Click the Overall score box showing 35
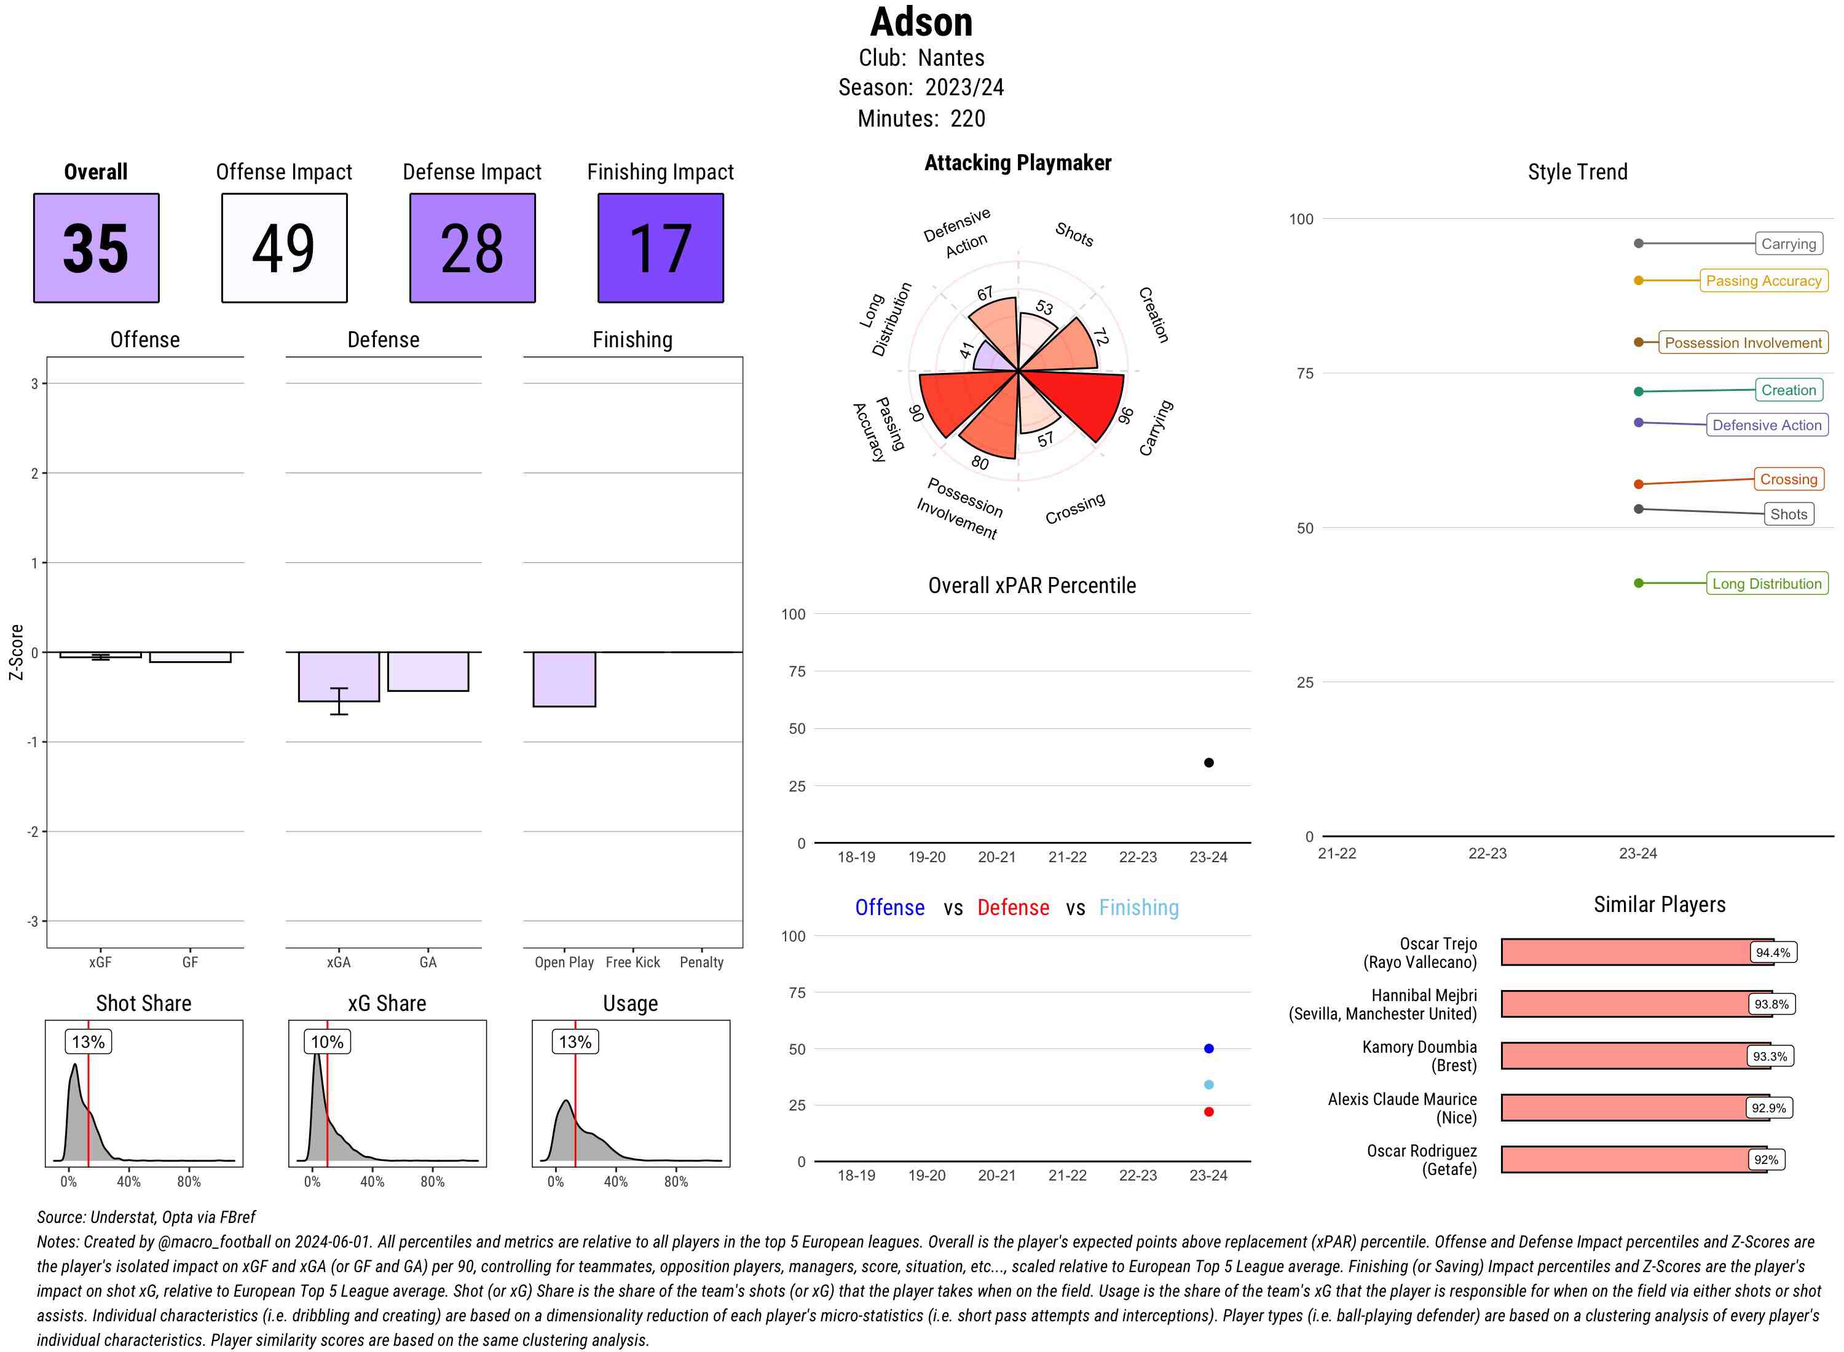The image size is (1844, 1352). [96, 248]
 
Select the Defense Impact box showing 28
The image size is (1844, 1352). [471, 248]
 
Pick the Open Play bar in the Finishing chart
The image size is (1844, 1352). [564, 678]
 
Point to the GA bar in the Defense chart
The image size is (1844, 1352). [428, 671]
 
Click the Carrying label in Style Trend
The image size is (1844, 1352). [1787, 244]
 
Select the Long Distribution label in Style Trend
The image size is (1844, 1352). [1767, 584]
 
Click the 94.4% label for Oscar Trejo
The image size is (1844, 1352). [1772, 953]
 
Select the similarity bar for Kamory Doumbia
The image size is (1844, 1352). [1625, 1056]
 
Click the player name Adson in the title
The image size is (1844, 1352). [921, 22]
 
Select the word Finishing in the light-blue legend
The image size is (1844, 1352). [1138, 908]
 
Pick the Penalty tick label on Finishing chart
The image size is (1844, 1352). [701, 962]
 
